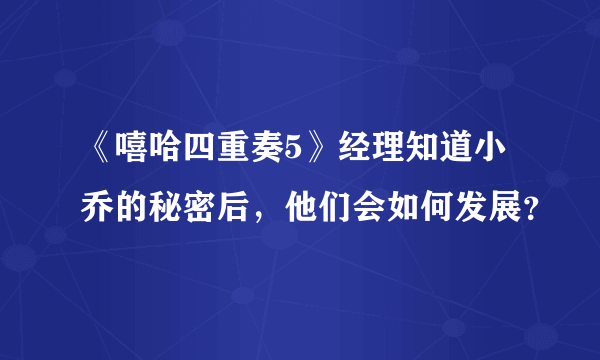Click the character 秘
pos(165,209)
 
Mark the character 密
pos(201,209)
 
